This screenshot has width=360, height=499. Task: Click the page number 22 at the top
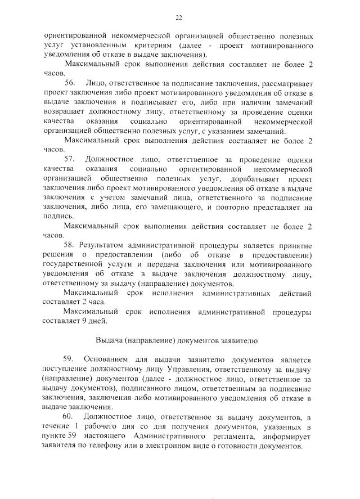[x=179, y=17]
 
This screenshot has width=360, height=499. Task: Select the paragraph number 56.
[x=70, y=83]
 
